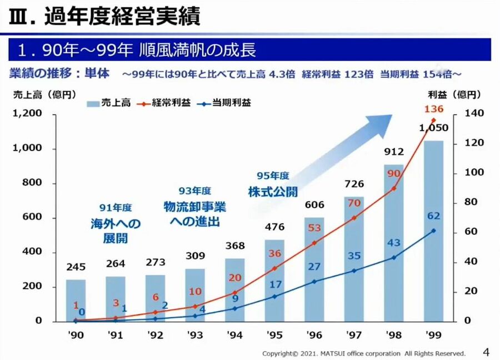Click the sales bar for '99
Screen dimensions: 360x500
click(434, 233)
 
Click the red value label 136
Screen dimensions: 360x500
click(434, 109)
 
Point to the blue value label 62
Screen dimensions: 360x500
click(434, 216)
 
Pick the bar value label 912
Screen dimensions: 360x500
click(393, 151)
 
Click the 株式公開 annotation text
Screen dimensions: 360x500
click(273, 192)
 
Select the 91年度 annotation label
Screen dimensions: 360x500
click(116, 208)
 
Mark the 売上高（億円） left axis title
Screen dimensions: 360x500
click(45, 94)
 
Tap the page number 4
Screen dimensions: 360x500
click(486, 352)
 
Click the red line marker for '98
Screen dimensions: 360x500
click(394, 188)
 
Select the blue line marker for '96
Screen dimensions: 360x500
click(314, 282)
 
